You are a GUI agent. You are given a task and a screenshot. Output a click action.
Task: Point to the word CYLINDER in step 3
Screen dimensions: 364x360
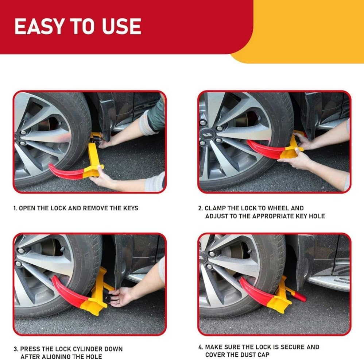coord(88,349)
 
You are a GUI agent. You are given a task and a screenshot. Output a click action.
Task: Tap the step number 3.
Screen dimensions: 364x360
coord(16,349)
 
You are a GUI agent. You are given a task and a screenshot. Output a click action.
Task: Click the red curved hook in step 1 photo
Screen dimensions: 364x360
coord(66,171)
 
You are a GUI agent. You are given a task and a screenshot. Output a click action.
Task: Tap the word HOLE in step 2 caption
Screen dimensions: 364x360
coord(317,216)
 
